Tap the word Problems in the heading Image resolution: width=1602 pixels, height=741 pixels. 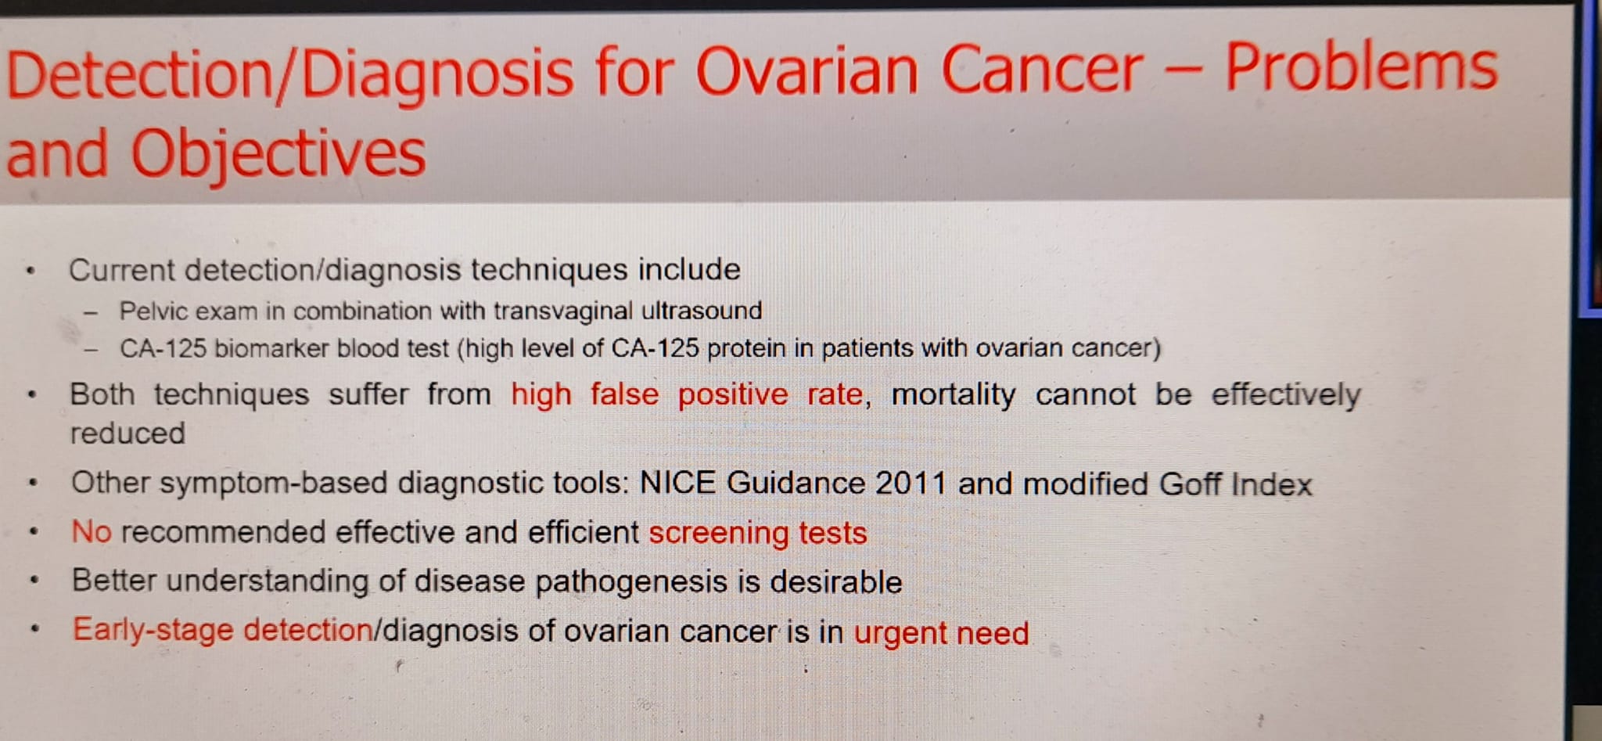tap(1361, 67)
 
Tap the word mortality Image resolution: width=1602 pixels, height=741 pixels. tap(954, 395)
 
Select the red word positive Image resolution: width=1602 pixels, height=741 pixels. tap(732, 395)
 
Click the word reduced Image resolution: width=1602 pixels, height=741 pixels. tap(128, 433)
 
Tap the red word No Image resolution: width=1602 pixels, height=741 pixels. tap(92, 532)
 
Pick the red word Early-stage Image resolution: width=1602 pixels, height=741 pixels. tap(153, 631)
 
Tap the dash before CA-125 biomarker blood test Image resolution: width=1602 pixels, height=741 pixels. tap(92, 350)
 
